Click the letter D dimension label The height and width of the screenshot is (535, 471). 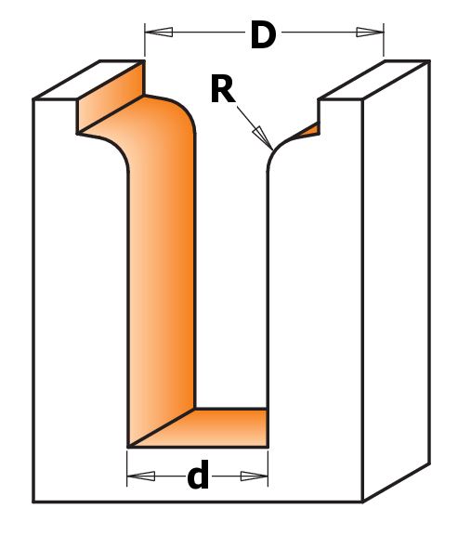point(263,34)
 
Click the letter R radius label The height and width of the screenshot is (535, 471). point(223,89)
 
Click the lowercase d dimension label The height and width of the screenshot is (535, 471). point(198,475)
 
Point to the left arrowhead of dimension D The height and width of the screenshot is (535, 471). point(159,33)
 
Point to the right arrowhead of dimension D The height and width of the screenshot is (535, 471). point(370,33)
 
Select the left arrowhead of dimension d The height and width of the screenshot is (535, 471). point(141,476)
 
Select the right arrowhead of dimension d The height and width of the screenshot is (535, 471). point(255,476)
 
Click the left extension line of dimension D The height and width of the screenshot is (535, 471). point(145,40)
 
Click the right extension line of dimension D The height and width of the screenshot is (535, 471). point(384,40)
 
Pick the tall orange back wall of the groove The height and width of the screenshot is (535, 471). point(161,259)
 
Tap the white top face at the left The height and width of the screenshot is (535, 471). point(89,80)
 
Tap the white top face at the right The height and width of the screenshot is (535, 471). point(373,80)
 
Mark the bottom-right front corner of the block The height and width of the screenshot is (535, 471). point(362,502)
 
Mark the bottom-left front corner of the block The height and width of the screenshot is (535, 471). point(33,502)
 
